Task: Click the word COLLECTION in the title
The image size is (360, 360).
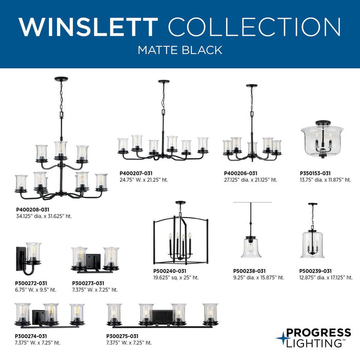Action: (254, 27)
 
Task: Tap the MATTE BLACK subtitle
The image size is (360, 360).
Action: (179, 50)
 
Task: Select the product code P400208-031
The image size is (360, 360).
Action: (33, 209)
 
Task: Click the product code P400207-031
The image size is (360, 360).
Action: (136, 173)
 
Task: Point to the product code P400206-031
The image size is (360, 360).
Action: (241, 173)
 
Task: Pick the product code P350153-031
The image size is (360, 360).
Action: (315, 173)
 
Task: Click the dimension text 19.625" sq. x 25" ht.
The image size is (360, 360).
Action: (176, 278)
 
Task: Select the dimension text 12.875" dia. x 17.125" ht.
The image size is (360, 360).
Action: (323, 278)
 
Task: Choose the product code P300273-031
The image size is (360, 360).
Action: (88, 283)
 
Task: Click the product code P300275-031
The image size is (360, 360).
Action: (123, 336)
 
